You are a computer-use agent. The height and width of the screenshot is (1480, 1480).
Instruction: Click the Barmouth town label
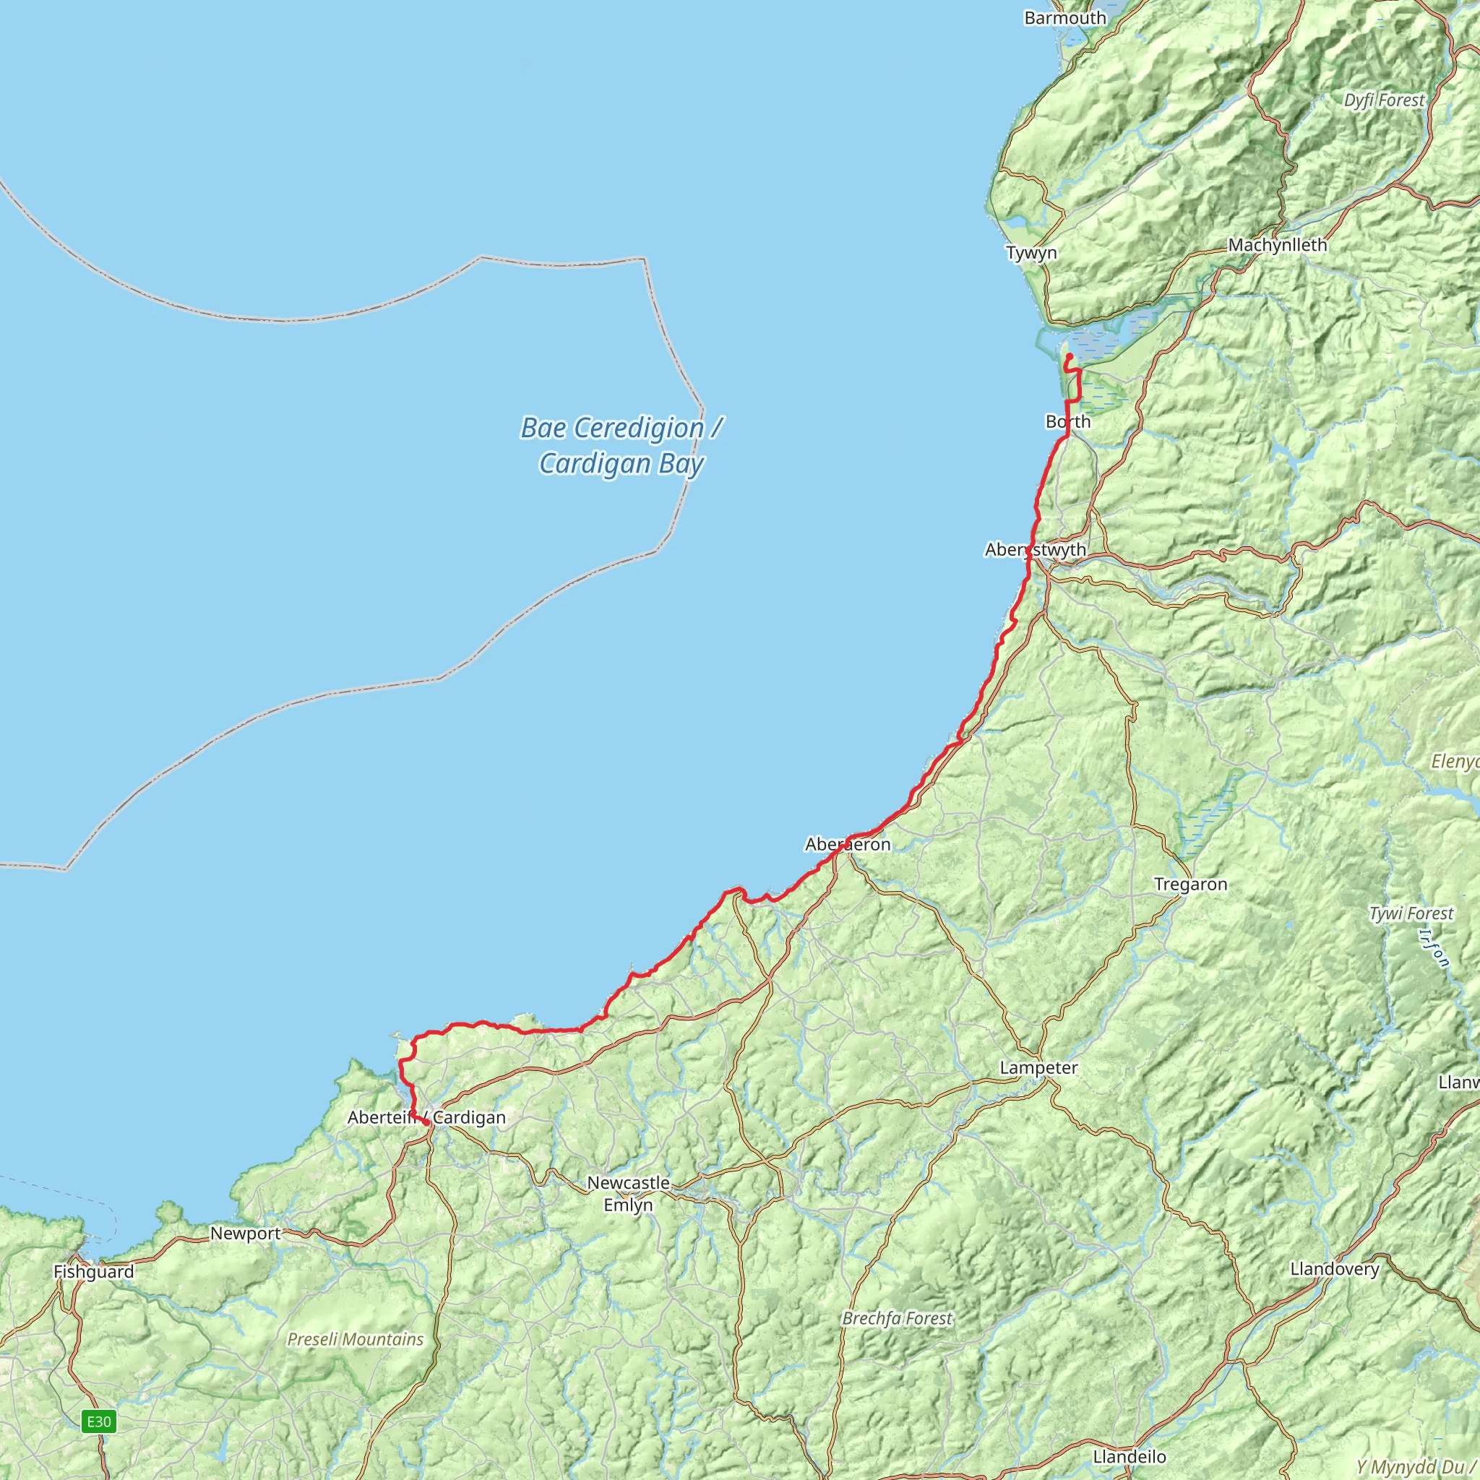(1064, 17)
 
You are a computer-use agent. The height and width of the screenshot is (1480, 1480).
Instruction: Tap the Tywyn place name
(1031, 253)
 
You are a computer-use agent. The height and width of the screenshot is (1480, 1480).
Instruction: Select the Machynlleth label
(1277, 245)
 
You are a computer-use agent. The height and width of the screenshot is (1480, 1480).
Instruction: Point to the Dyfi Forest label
(1384, 100)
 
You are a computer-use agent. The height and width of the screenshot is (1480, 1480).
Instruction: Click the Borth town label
(1068, 421)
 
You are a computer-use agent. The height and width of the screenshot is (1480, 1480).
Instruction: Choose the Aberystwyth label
(1035, 550)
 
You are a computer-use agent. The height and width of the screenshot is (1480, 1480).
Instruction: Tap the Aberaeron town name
(847, 844)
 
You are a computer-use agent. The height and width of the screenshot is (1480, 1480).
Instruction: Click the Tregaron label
(1190, 884)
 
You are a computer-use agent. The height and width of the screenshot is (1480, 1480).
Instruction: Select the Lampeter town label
(1038, 1067)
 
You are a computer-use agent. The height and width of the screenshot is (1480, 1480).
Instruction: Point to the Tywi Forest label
(1411, 913)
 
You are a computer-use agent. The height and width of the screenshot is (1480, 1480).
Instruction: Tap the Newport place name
(245, 1234)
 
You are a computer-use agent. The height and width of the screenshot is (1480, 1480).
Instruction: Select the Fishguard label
(93, 1272)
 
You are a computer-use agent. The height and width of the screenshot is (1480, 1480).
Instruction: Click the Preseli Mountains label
(355, 1339)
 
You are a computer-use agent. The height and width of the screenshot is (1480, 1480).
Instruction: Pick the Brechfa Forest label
(896, 1318)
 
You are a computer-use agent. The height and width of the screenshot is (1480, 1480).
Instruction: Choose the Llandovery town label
(1335, 1268)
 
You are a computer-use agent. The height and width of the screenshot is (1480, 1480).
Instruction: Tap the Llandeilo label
(1130, 1456)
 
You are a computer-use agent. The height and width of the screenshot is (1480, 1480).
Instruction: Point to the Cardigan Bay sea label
(621, 446)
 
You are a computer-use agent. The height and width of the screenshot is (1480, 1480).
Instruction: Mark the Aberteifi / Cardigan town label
(426, 1117)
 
